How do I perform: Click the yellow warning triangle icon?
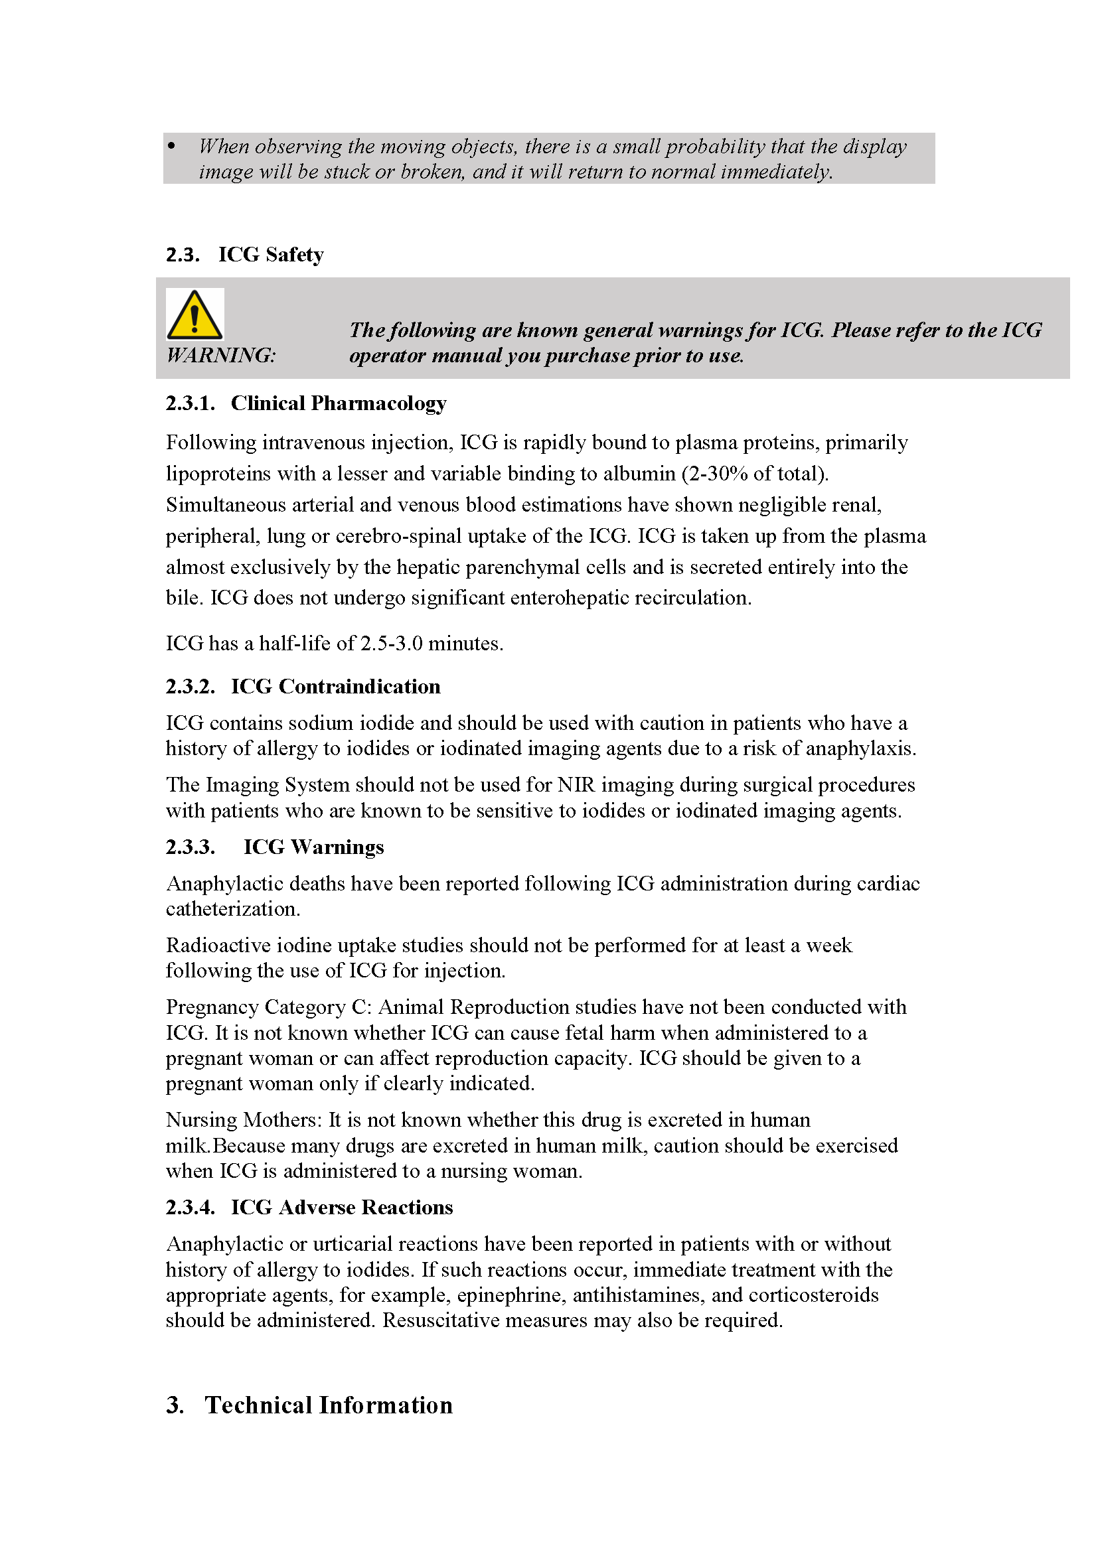(195, 316)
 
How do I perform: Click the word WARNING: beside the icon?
(220, 355)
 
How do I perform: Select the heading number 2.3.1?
(190, 403)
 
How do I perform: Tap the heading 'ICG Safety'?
(271, 255)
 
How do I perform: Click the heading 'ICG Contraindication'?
(335, 687)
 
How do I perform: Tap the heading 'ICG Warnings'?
(314, 847)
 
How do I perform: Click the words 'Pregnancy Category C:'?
(268, 1007)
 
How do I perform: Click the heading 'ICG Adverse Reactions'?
(341, 1208)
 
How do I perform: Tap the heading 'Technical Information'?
(329, 1405)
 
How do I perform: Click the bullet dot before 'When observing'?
(172, 146)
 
